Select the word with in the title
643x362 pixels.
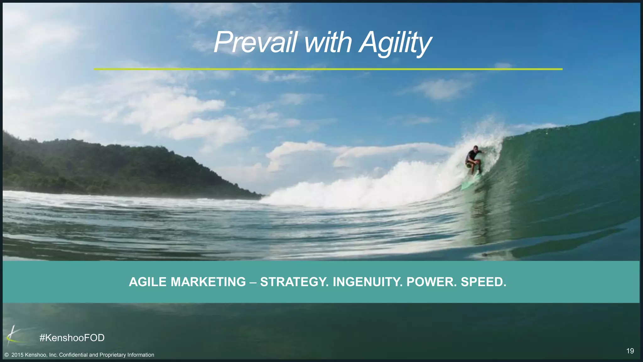point(328,42)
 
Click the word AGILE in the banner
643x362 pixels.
point(148,282)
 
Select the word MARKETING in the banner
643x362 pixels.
point(208,282)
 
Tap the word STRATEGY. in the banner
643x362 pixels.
point(294,282)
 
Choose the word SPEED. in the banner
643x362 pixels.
point(483,282)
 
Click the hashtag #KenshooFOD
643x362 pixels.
point(72,338)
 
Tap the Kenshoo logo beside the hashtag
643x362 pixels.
point(13,336)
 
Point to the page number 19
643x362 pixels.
point(630,351)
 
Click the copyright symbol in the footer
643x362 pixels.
point(6,355)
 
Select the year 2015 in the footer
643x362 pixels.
point(17,355)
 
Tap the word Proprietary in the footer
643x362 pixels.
point(113,355)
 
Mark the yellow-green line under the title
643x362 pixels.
point(328,69)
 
